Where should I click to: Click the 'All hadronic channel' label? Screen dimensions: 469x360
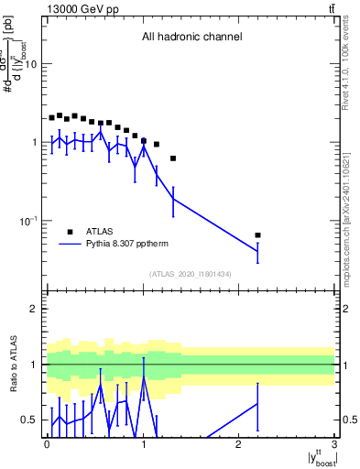191,38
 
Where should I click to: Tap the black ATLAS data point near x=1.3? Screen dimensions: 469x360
173,158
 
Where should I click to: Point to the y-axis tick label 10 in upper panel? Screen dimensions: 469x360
30,64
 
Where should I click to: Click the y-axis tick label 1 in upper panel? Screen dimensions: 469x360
34,143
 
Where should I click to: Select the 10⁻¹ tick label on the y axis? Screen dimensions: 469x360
28,222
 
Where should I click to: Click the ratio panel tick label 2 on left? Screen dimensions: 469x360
35,309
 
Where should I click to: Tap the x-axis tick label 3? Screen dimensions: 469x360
334,442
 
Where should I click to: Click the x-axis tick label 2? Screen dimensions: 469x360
239,442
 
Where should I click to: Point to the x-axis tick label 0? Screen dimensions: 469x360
47,442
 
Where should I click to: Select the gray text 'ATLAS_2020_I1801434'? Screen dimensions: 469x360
190,274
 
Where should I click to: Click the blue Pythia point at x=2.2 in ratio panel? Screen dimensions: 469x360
257,403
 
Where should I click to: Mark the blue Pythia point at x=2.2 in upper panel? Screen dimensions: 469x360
257,251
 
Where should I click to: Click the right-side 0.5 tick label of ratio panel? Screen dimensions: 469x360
348,420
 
